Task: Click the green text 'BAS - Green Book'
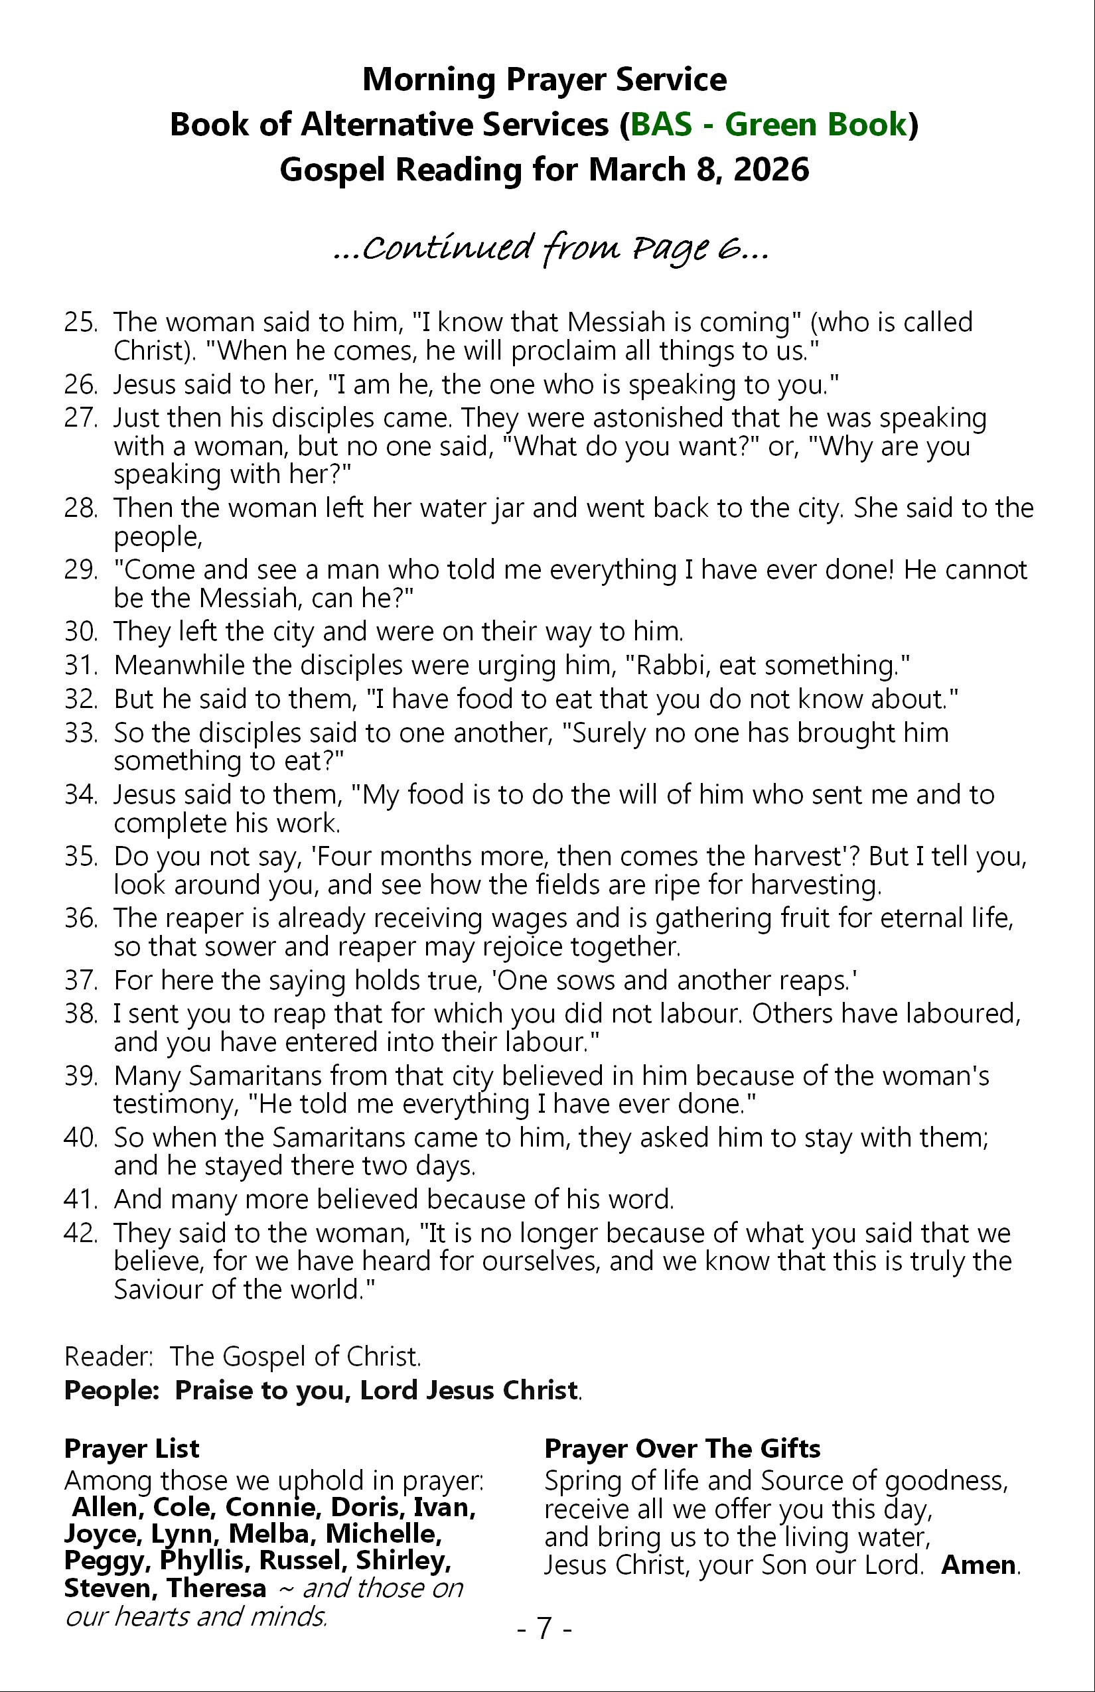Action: pyautogui.click(x=768, y=125)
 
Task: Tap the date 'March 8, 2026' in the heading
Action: pyautogui.click(x=699, y=170)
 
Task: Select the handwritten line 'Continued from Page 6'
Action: pyautogui.click(x=551, y=248)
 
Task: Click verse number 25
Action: pyautogui.click(x=80, y=322)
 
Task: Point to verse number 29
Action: pyautogui.click(x=80, y=570)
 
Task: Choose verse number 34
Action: pyautogui.click(x=80, y=795)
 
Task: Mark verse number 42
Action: pyautogui.click(x=80, y=1233)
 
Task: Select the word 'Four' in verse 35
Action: pyautogui.click(x=345, y=857)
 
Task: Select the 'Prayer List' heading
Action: pyautogui.click(x=131, y=1448)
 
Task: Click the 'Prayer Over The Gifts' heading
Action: pyautogui.click(x=682, y=1448)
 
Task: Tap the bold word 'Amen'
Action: pyautogui.click(x=978, y=1565)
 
